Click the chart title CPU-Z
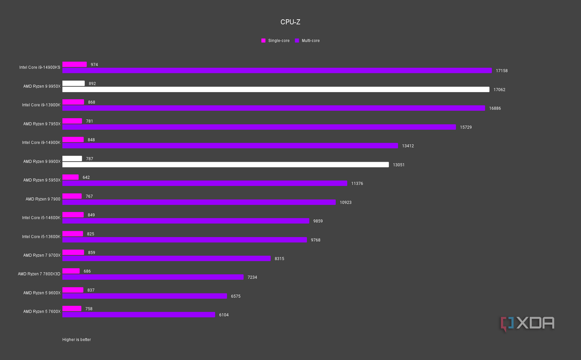[290, 22]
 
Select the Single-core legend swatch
[263, 41]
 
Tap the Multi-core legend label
[310, 41]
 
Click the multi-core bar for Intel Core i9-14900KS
[277, 71]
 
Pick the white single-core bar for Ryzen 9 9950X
[73, 84]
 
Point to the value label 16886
[495, 108]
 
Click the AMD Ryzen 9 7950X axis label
[42, 124]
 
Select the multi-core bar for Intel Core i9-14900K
[230, 146]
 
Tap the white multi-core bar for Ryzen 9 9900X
[225, 165]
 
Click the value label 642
[86, 177]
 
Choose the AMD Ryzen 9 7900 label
[43, 199]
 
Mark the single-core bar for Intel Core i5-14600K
[73, 215]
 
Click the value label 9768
[315, 240]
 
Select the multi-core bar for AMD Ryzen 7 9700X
[166, 258]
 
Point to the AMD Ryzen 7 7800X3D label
[39, 274]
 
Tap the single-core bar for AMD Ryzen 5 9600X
[73, 290]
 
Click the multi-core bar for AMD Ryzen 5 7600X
[139, 315]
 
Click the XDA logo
[527, 323]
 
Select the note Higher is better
[76, 340]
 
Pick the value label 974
[94, 65]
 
